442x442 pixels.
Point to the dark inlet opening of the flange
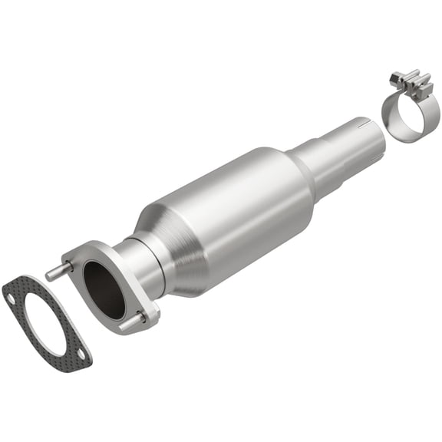pyautogui.click(x=103, y=289)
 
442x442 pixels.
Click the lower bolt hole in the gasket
pyautogui.click(x=81, y=352)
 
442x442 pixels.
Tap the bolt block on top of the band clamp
pyautogui.click(x=407, y=81)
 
